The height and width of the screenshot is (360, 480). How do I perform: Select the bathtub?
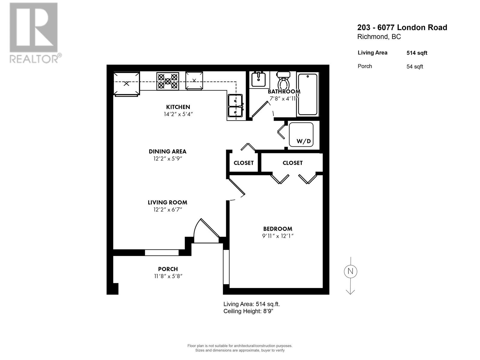(307, 94)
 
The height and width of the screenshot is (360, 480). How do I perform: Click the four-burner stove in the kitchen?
(168, 81)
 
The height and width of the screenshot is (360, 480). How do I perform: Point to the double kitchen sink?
(235, 105)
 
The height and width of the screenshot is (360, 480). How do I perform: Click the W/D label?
(303, 141)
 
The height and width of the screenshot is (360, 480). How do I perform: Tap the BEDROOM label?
(277, 229)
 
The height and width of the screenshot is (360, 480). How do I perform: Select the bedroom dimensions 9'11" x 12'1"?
(277, 236)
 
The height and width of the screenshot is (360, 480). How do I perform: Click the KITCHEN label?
(178, 107)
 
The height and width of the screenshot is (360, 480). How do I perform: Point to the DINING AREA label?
(168, 151)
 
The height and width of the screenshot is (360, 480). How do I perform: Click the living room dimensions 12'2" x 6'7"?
(168, 210)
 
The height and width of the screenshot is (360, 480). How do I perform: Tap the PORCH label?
(168, 269)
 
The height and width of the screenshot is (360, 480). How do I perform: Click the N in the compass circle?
(350, 271)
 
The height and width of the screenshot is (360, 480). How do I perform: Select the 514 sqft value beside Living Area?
(417, 53)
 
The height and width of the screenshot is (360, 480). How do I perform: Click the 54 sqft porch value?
(415, 67)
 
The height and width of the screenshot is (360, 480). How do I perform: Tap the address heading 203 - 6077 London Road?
(402, 28)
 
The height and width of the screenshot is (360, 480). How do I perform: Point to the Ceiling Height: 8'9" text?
(248, 311)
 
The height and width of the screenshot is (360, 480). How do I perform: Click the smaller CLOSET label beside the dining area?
(243, 163)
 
